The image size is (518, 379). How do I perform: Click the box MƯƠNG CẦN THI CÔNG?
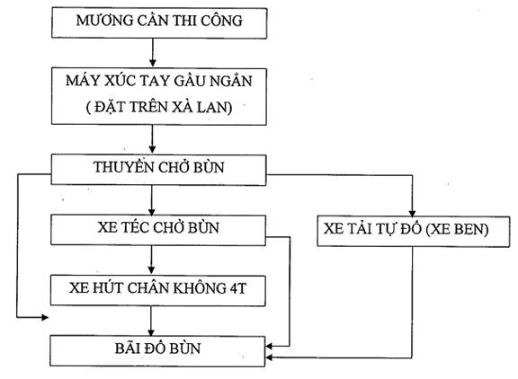click(x=159, y=23)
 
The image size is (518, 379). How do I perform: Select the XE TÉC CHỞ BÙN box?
click(x=158, y=230)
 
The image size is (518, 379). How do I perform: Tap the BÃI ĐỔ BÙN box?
click(x=157, y=351)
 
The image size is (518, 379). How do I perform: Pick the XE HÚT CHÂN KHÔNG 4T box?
click(x=158, y=291)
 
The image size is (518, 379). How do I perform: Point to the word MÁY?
click(x=82, y=81)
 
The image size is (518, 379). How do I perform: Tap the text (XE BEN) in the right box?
click(x=457, y=229)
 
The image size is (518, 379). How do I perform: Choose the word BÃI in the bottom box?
click(x=126, y=348)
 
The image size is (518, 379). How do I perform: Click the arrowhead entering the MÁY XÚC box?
click(x=152, y=63)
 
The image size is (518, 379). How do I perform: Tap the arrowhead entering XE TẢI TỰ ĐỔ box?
click(x=412, y=213)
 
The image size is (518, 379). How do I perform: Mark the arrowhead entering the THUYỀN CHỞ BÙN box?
click(x=152, y=149)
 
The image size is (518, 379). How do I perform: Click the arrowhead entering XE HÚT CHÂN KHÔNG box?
click(x=151, y=269)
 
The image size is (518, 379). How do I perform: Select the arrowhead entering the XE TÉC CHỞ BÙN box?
click(x=152, y=211)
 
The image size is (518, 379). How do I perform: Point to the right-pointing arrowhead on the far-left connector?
click(x=45, y=317)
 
